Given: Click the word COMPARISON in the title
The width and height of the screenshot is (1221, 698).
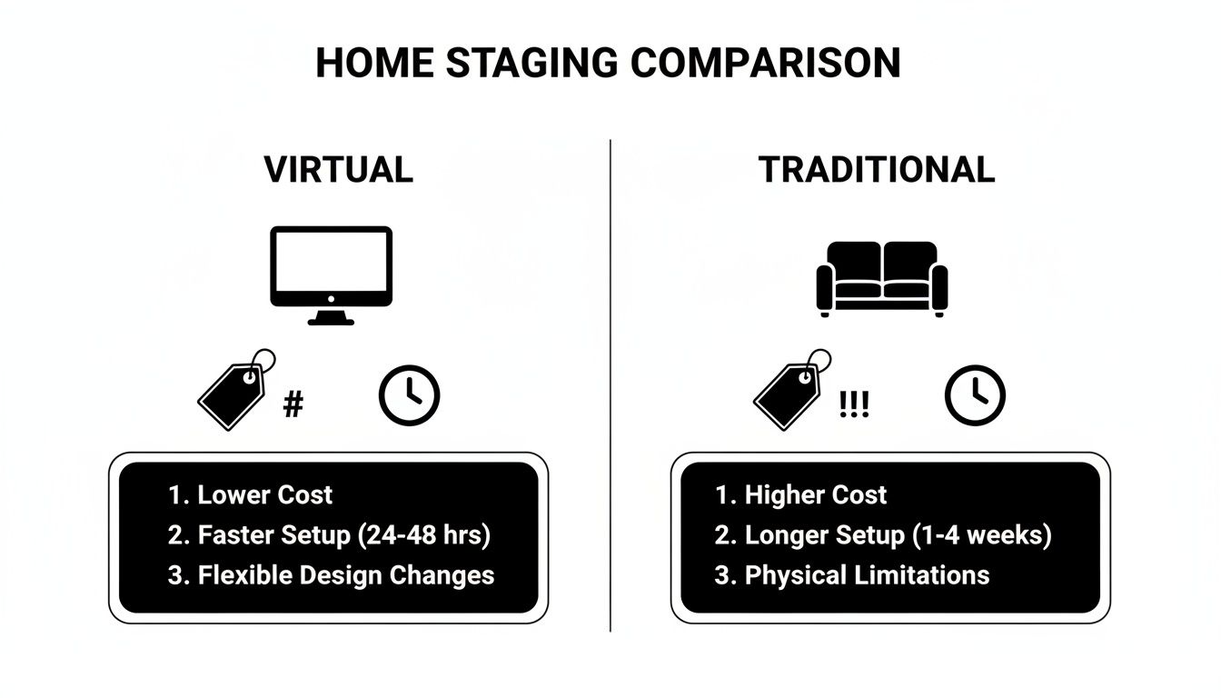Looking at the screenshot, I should (765, 64).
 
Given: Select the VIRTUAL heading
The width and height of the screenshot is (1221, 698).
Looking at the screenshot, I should (339, 170).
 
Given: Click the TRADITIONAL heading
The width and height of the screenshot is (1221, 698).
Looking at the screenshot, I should (877, 170).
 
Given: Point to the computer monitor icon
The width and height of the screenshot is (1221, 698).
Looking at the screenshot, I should (332, 274).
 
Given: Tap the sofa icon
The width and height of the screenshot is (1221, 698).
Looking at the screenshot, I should (881, 277).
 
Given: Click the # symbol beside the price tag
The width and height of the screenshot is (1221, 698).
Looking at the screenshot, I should (293, 405).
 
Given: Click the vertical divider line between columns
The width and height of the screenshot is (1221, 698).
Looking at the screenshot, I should (610, 382).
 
